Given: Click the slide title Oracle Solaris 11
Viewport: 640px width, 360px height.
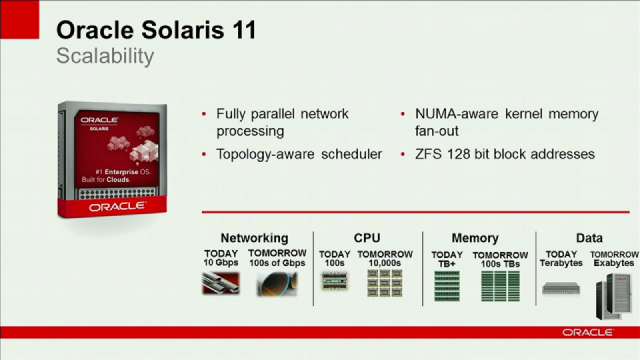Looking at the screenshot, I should click(156, 30).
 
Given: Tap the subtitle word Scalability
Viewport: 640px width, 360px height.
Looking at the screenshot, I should click(104, 56).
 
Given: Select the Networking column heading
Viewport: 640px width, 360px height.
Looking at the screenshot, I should click(254, 238).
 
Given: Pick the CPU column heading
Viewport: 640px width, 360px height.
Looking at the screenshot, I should click(367, 238).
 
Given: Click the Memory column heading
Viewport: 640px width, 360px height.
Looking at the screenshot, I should click(475, 238).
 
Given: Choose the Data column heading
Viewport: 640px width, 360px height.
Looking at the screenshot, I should click(589, 238).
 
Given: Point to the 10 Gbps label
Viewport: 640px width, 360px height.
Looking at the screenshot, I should click(221, 262).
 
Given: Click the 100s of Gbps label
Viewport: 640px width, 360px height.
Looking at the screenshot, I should click(276, 262).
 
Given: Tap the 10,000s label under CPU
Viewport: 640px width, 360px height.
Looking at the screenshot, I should click(385, 262).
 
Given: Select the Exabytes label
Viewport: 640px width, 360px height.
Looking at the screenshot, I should click(613, 262).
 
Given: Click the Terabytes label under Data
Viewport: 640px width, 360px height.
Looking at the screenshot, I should click(561, 262).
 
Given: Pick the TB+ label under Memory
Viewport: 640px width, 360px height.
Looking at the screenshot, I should click(446, 262).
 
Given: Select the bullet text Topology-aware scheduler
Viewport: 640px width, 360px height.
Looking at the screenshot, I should click(299, 154).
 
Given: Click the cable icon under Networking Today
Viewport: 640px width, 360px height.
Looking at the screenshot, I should click(220, 284).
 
